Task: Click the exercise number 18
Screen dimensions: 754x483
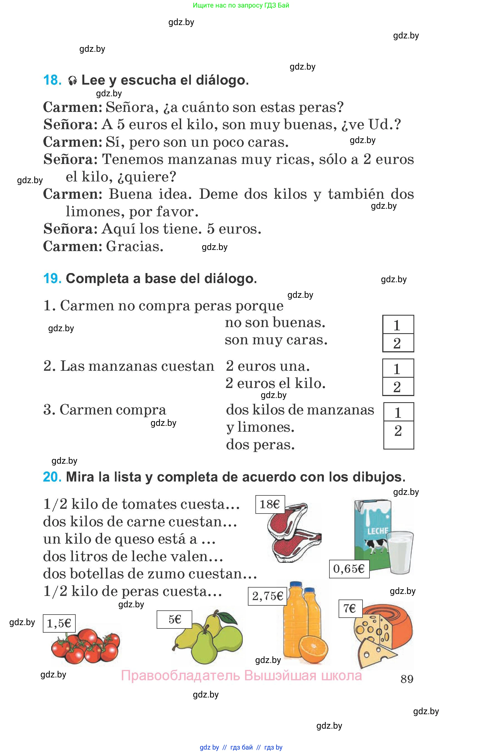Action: click(x=52, y=80)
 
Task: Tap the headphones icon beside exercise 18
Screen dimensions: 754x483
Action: click(x=72, y=81)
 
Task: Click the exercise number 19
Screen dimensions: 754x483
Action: click(x=52, y=279)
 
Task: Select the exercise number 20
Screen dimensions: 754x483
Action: click(x=52, y=477)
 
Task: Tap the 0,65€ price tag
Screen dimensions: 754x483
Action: click(x=349, y=569)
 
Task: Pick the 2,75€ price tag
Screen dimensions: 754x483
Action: click(x=267, y=596)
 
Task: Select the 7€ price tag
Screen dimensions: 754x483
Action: click(x=350, y=608)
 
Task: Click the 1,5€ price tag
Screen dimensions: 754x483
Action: click(x=59, y=623)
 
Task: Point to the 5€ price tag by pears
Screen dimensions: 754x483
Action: click(x=174, y=619)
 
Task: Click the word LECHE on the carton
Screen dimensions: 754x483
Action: click(x=377, y=531)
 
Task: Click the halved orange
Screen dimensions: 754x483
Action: click(x=313, y=647)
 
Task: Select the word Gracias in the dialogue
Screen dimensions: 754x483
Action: click(x=135, y=246)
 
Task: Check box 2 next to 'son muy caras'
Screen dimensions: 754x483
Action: click(x=398, y=343)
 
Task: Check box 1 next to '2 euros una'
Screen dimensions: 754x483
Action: click(x=398, y=368)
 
